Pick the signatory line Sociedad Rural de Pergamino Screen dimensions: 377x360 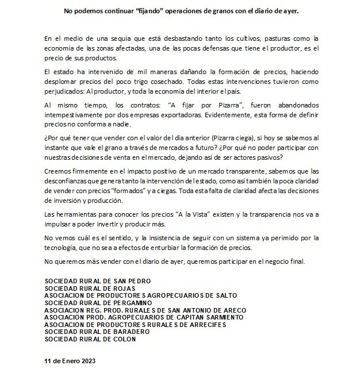(98, 302)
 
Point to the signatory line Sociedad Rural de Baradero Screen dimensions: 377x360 (95, 332)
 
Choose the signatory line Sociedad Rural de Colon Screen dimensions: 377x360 (90, 339)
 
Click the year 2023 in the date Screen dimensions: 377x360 (86, 361)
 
